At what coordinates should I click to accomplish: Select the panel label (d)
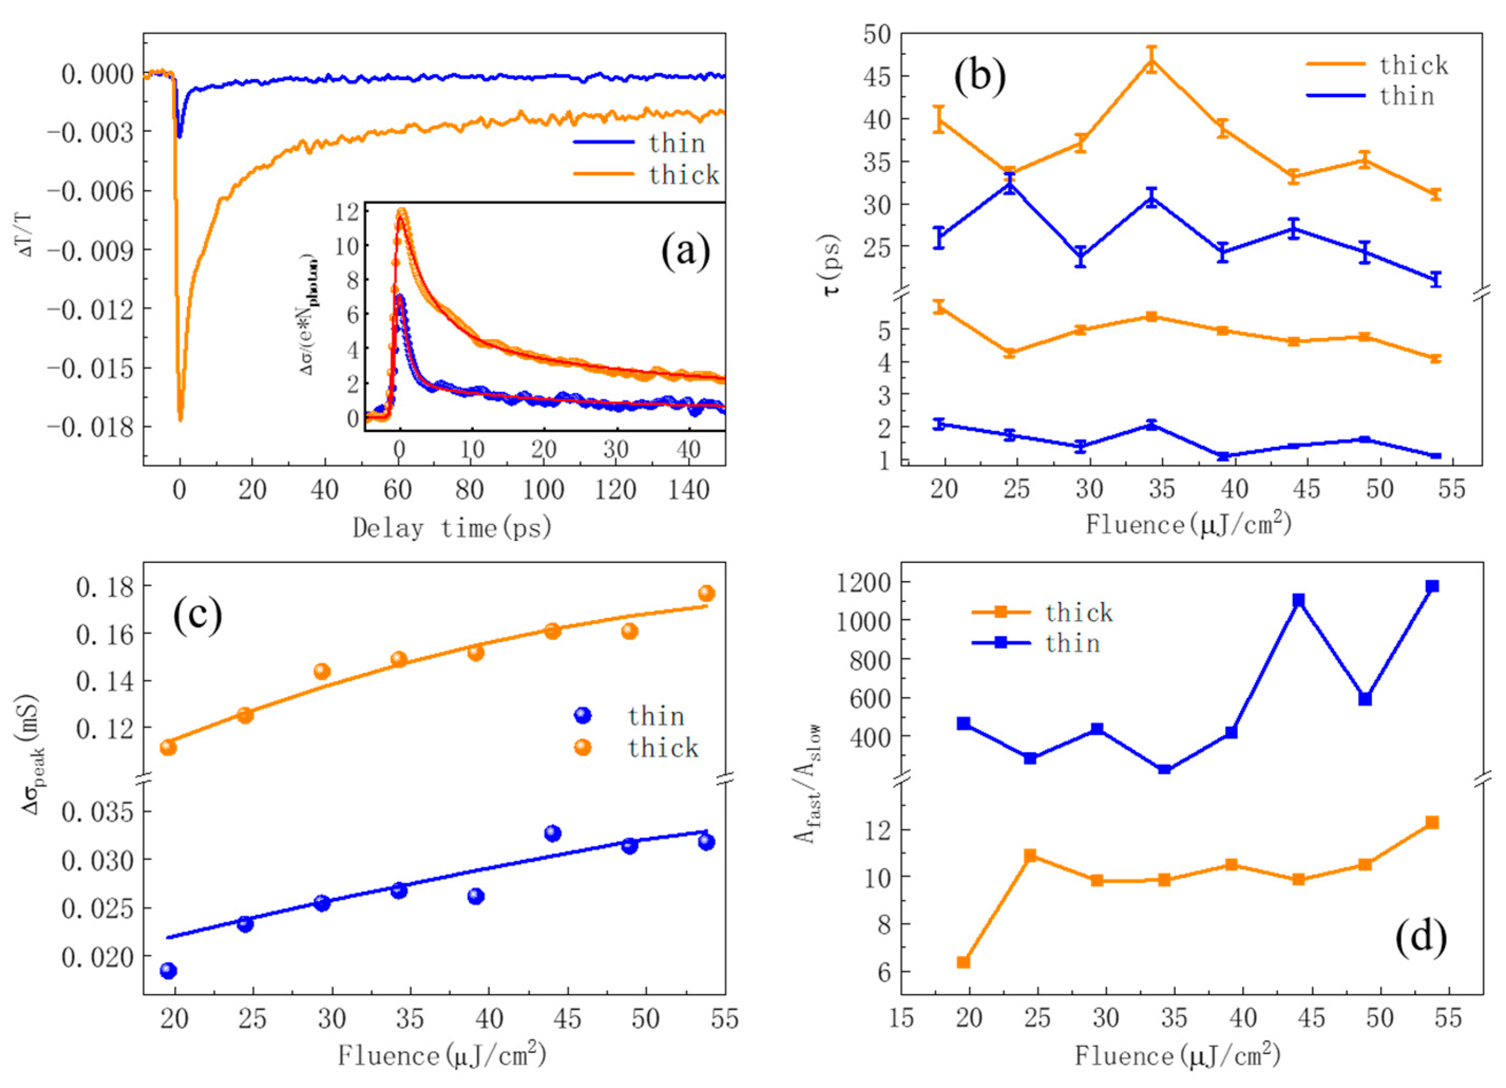point(1421,938)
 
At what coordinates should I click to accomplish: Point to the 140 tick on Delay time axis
point(688,490)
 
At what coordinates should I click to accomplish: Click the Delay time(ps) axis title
point(452,528)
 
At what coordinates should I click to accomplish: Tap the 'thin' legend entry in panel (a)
point(676,143)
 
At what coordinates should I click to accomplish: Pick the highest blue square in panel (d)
point(1432,586)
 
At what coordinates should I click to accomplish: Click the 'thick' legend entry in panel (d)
point(1078,612)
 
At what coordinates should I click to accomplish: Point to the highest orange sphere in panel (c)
point(706,593)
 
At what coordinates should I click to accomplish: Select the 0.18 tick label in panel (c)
point(104,587)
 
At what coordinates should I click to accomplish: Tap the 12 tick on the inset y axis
point(348,212)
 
